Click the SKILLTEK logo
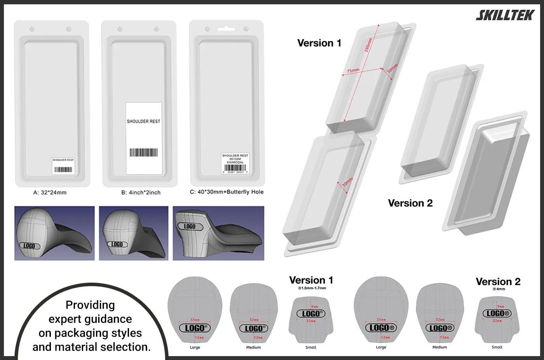coord(505,15)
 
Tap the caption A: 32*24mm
coord(50,192)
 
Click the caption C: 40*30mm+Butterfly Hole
coord(227,192)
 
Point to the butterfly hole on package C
coord(227,29)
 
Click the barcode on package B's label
coord(143,152)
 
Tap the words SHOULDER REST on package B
coord(143,121)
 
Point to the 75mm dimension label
coord(353,71)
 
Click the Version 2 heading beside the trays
coord(410,203)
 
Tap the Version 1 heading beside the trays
coord(319,43)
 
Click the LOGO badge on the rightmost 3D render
coord(190,226)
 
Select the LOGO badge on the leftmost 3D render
coord(29,246)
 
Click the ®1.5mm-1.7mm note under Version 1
coord(312,288)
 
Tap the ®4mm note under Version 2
coord(499,289)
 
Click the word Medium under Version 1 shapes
coord(253,347)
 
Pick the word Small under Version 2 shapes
coord(497,347)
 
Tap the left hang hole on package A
coord(32,29)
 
